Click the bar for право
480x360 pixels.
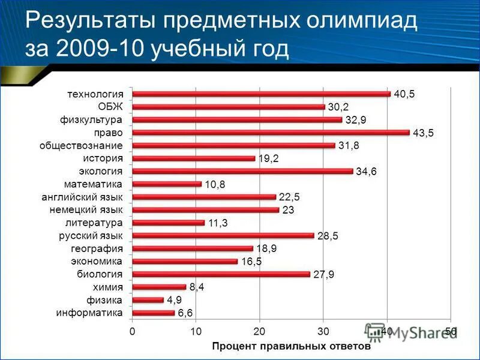[271, 133]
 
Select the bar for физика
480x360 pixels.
[148, 300]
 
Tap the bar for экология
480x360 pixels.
[242, 172]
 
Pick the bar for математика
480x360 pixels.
[167, 184]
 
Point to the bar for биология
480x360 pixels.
[221, 274]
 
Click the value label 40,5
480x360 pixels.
[404, 94]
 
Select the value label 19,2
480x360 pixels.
[269, 159]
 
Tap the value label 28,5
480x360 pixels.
[328, 236]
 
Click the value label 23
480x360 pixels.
[289, 211]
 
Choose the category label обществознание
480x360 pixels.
[82, 146]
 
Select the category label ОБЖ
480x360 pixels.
[110, 107]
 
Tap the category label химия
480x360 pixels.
[108, 287]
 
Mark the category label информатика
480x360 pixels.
[90, 313]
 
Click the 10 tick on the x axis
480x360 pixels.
[196, 331]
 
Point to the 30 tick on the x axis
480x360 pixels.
[323, 331]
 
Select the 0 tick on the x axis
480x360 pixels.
[132, 331]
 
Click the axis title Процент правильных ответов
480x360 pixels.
[291, 346]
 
